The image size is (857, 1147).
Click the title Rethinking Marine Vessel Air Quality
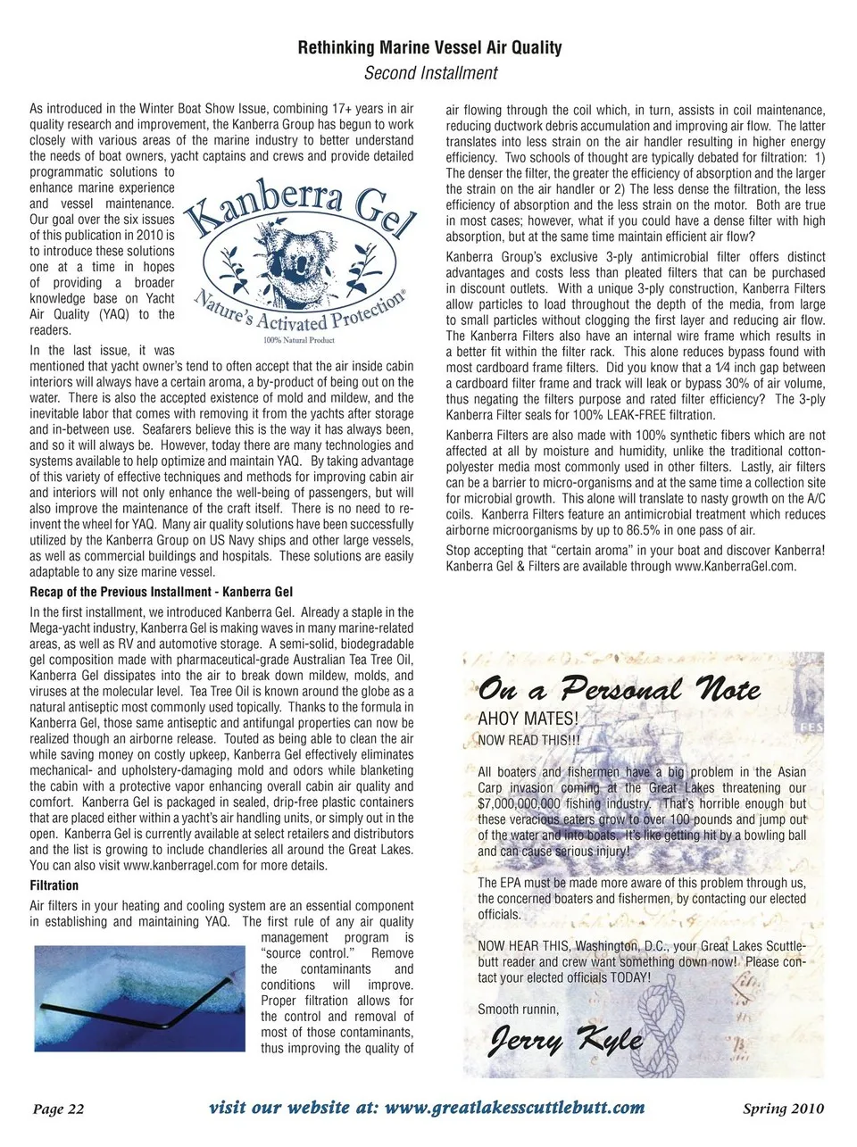click(x=429, y=47)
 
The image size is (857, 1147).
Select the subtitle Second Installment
click(x=430, y=73)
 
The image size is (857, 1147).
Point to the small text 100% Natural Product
click(x=299, y=340)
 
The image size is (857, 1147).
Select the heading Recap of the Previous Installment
click(x=161, y=592)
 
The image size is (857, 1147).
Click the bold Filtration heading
click(x=54, y=885)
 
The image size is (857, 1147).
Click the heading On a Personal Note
click(x=619, y=690)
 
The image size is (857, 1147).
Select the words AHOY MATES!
click(x=528, y=719)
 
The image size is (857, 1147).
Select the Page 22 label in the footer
click(x=58, y=1110)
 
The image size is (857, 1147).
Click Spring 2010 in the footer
click(x=783, y=1110)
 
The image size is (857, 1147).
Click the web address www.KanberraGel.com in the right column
click(x=735, y=566)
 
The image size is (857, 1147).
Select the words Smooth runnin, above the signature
click(x=518, y=1010)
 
